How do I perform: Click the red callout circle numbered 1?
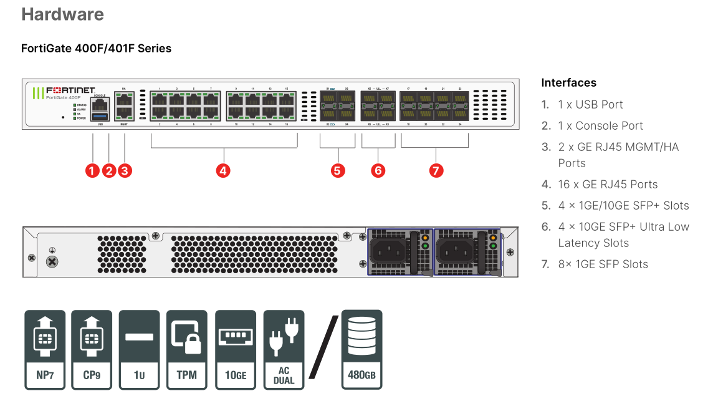click(93, 170)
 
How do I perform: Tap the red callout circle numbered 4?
click(223, 170)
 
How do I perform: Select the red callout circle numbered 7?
click(436, 170)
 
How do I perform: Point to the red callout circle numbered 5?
click(338, 170)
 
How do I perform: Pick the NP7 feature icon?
click(45, 350)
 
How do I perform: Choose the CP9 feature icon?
click(92, 350)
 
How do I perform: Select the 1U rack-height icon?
click(139, 350)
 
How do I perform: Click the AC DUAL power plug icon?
click(284, 350)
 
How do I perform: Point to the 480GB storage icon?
click(361, 350)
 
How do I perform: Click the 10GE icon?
click(236, 350)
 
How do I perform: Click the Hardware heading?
click(63, 14)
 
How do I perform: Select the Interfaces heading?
click(568, 83)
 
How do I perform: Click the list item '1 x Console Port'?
click(600, 126)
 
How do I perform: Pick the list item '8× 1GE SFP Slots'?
click(603, 264)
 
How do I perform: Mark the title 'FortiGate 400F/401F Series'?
click(96, 49)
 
